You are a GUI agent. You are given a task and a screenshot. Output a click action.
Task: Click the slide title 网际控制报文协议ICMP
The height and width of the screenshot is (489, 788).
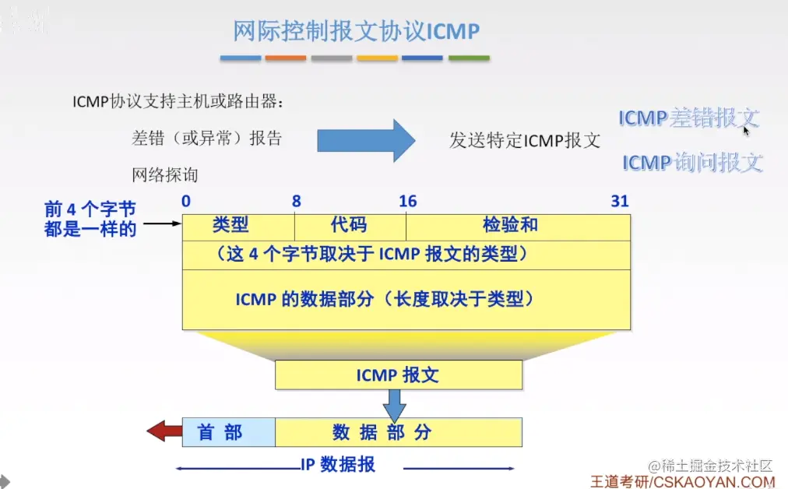(x=356, y=31)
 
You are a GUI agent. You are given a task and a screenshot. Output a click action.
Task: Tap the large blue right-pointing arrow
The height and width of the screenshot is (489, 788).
(x=366, y=140)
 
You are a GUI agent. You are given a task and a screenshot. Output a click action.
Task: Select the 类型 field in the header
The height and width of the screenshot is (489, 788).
(x=230, y=226)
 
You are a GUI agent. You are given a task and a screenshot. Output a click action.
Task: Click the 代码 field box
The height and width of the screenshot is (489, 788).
(x=349, y=226)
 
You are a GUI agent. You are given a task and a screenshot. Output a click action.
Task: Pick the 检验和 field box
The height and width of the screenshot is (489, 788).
(x=510, y=226)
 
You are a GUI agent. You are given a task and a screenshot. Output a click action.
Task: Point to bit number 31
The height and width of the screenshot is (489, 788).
(x=619, y=202)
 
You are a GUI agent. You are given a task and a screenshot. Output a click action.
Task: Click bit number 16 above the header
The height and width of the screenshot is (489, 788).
(x=407, y=202)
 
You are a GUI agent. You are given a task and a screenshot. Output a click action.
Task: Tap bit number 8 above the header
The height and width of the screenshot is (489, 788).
(x=296, y=202)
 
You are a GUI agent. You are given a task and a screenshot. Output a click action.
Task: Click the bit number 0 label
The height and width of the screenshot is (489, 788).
(x=185, y=202)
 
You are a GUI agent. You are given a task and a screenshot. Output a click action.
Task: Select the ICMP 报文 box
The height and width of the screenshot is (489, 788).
(x=398, y=375)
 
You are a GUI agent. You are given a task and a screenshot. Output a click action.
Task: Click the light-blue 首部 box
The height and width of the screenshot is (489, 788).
(x=228, y=432)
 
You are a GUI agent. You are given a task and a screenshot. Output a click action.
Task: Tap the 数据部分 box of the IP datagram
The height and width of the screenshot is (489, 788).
(x=398, y=432)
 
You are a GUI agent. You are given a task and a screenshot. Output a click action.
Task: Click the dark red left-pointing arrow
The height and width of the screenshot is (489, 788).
(x=164, y=431)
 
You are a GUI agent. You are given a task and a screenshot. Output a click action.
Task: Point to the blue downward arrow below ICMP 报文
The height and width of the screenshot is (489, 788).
(x=396, y=405)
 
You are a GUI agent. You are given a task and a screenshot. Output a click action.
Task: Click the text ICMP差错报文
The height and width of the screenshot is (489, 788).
(x=688, y=118)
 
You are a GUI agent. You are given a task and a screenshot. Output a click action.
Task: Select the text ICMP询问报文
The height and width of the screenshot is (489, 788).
(x=691, y=163)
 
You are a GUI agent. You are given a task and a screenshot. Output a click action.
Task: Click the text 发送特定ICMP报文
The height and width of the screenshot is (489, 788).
(x=525, y=141)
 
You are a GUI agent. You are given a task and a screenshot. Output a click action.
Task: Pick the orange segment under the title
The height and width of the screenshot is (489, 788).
(x=286, y=58)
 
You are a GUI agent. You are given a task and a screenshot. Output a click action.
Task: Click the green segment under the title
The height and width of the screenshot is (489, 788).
(x=469, y=58)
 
